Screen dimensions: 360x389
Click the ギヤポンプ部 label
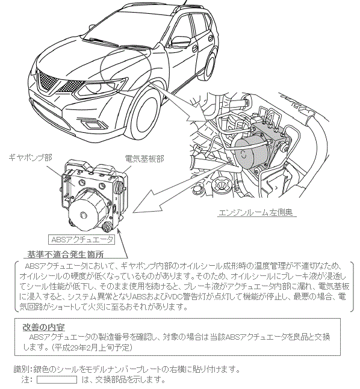pyautogui.click(x=30, y=158)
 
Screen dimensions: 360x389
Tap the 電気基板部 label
pyautogui.click(x=144, y=159)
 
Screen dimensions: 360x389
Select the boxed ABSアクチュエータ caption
pyautogui.click(x=81, y=239)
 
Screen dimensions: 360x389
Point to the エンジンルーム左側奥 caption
pyautogui.click(x=256, y=212)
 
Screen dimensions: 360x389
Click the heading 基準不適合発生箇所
pyautogui.click(x=66, y=254)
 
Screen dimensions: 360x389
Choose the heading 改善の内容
pyautogui.click(x=44, y=327)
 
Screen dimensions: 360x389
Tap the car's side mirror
pyautogui.click(x=181, y=41)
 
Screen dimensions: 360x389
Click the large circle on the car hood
pyautogui.click(x=126, y=68)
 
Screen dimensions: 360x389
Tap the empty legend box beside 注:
pyautogui.click(x=57, y=380)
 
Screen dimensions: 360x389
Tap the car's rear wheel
pyautogui.click(x=211, y=65)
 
